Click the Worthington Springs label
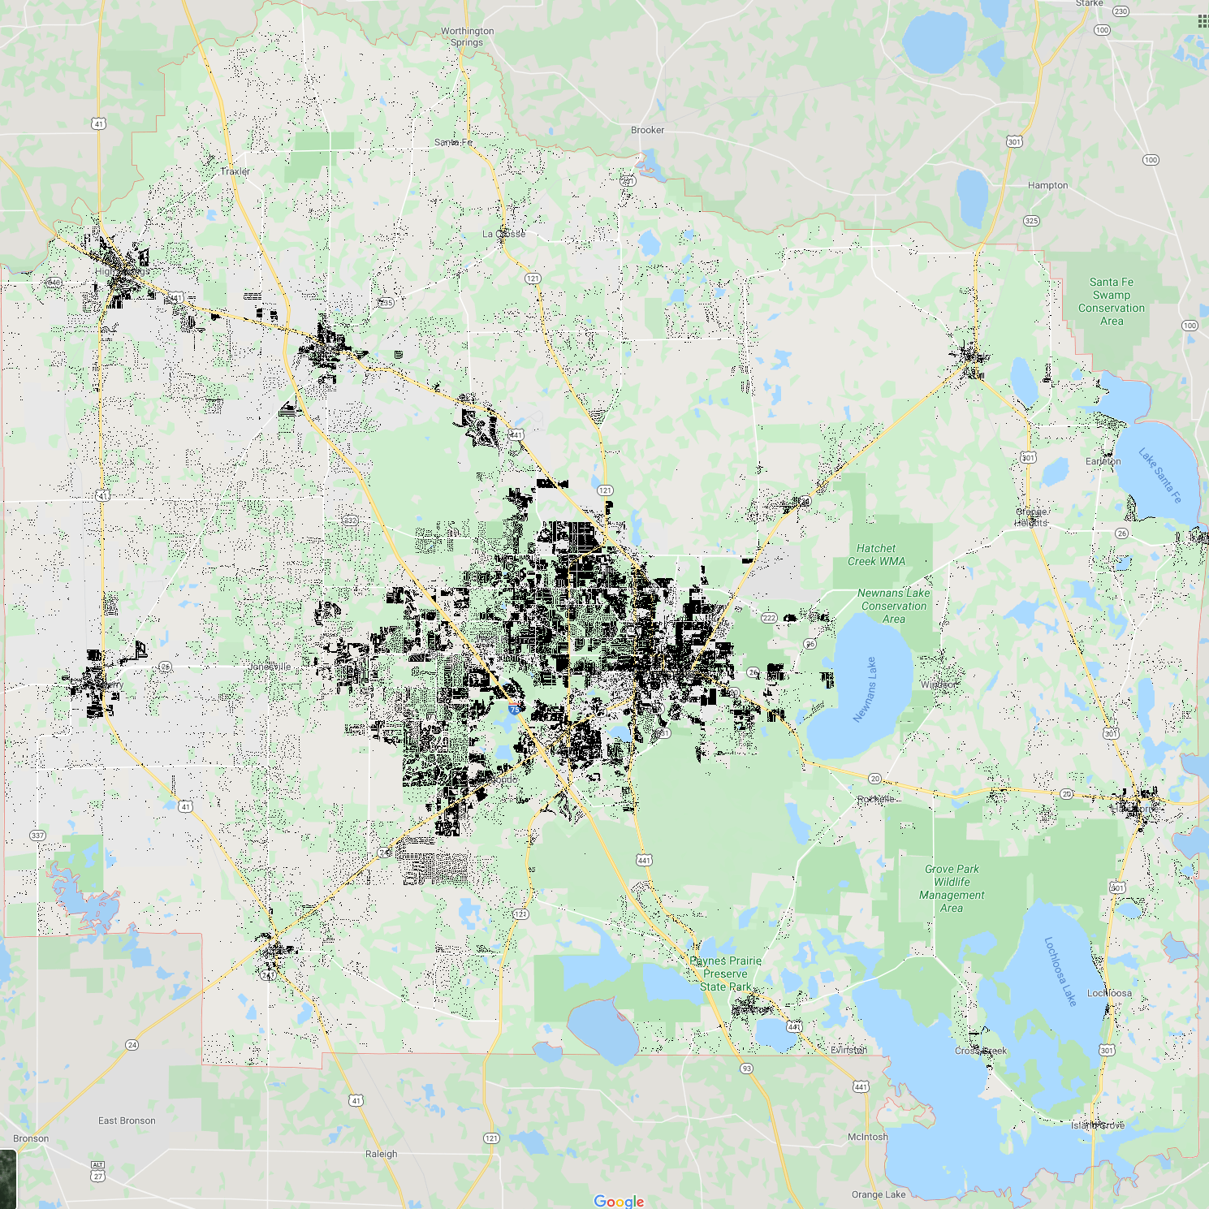coord(467,37)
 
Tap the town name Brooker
coord(647,130)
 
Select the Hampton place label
coord(1047,185)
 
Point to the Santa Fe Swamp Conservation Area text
coord(1112,301)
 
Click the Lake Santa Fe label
coord(1159,475)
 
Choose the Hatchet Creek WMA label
coord(876,555)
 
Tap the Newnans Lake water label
coord(865,689)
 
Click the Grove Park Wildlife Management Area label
coord(952,888)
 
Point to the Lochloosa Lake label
coord(1060,972)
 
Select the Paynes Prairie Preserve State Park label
coord(726,974)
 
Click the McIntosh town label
coord(867,1137)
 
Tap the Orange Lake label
coord(879,1194)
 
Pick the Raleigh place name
coord(381,1154)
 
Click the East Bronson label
coord(127,1120)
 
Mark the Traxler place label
coord(235,171)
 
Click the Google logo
coord(619,1201)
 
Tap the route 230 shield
coord(1120,11)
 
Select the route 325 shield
coord(1031,221)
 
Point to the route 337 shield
coord(37,836)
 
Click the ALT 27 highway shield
coord(98,1171)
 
